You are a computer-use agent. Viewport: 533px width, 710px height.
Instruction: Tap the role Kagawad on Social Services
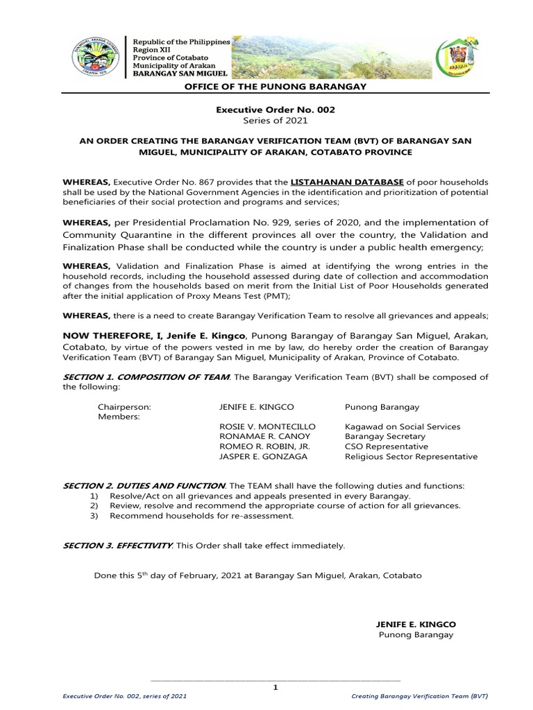click(403, 426)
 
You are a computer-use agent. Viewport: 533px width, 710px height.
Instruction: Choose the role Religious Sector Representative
click(411, 457)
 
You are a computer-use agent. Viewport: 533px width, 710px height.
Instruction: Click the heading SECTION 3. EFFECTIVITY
click(118, 546)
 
